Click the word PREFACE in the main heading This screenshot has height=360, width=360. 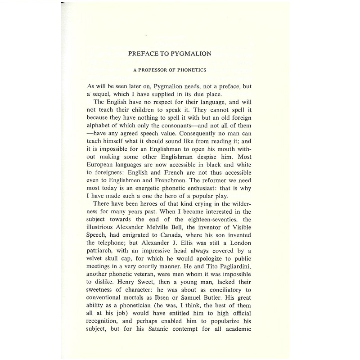(144, 54)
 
